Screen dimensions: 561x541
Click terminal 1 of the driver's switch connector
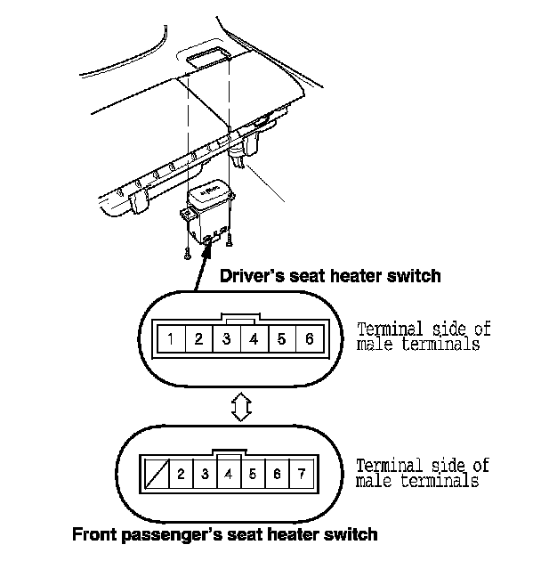170,338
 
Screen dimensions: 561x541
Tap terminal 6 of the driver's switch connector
309,338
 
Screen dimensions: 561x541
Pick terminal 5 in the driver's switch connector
281,338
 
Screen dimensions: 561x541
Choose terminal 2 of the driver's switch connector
198,338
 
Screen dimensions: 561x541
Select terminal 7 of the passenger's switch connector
302,474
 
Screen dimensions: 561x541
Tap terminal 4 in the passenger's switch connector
229,474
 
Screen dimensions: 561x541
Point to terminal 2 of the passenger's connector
181,474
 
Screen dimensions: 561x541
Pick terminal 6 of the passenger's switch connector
278,474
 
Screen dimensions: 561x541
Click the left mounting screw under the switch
188,254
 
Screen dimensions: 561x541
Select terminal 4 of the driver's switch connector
254,338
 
